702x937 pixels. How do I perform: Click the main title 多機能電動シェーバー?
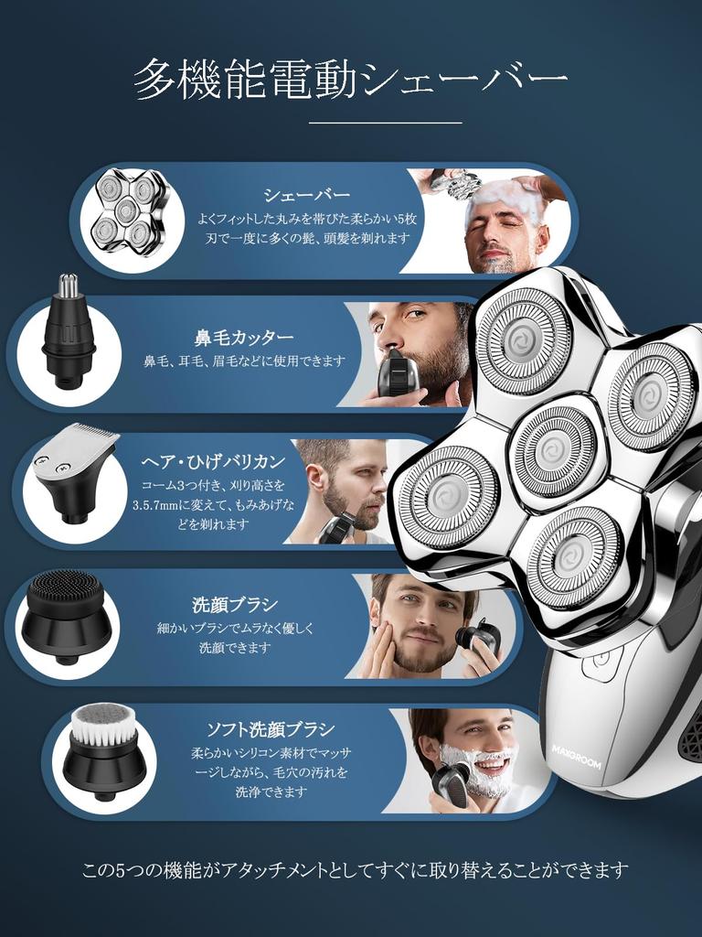pos(351,81)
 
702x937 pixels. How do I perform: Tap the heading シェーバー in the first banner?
pos(306,195)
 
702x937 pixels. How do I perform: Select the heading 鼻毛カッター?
pos(244,337)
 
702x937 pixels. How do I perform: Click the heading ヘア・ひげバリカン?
pos(213,461)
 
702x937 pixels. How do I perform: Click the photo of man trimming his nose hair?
pos(416,352)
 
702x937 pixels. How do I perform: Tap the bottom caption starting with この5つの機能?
pos(355,869)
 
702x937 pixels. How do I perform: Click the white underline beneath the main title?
pos(384,122)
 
